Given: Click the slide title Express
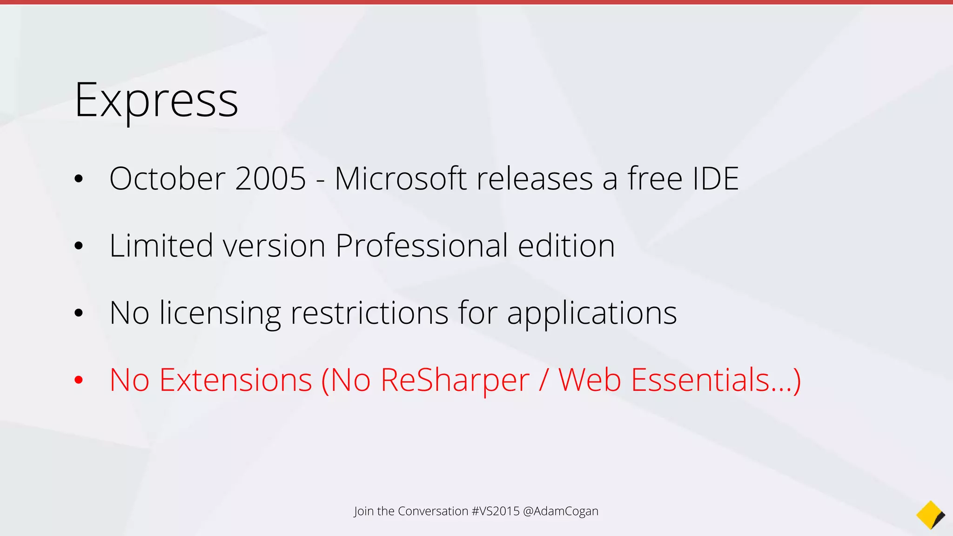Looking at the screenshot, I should pyautogui.click(x=156, y=100).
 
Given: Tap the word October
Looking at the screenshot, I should pyautogui.click(x=168, y=179).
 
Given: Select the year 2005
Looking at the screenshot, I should pyautogui.click(x=270, y=179).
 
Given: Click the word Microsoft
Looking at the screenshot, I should pyautogui.click(x=400, y=179).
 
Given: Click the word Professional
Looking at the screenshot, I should pyautogui.click(x=422, y=247).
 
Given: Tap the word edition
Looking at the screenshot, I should pyautogui.click(x=566, y=246).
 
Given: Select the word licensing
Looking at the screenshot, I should pyautogui.click(x=220, y=314).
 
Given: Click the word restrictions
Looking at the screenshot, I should pyautogui.click(x=369, y=313).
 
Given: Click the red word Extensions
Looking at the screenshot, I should pyautogui.click(x=235, y=380).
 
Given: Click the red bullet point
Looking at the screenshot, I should pyautogui.click(x=79, y=380).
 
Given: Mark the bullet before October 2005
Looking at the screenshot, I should pyautogui.click(x=79, y=179).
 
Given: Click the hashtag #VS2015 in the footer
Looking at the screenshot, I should pyautogui.click(x=495, y=511).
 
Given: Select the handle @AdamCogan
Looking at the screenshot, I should pyautogui.click(x=561, y=511).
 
